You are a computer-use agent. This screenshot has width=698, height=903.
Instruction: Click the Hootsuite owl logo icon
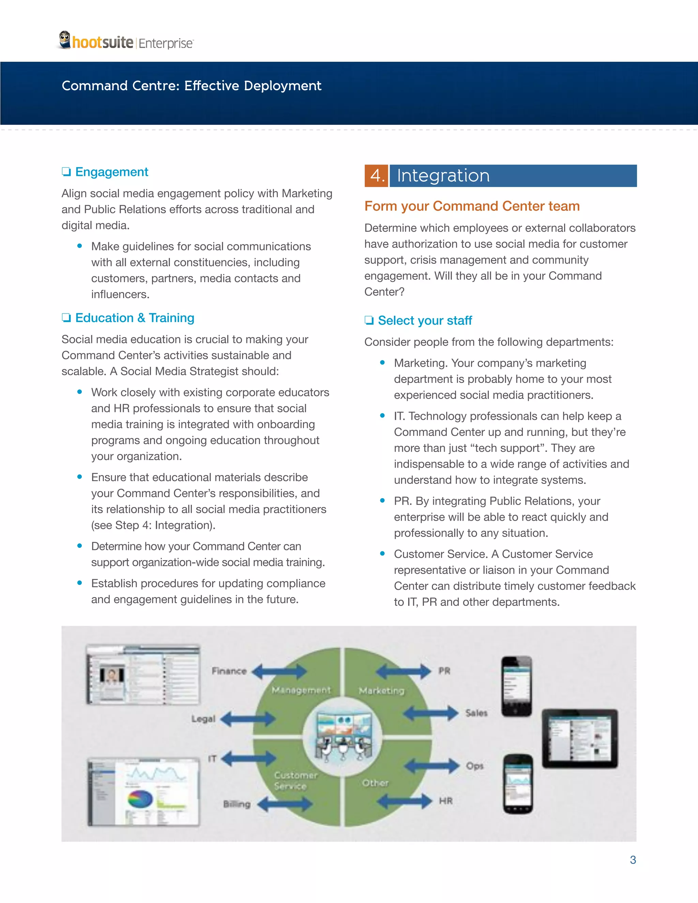(64, 40)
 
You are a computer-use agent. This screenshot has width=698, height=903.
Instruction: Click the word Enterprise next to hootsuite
(165, 43)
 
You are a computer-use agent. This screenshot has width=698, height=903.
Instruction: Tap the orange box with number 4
(376, 176)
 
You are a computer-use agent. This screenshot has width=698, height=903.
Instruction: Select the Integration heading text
(443, 176)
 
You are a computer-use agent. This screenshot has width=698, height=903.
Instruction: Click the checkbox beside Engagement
(66, 172)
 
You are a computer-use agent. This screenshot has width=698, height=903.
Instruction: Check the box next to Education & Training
(66, 318)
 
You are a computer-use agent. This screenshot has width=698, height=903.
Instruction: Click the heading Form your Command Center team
(472, 206)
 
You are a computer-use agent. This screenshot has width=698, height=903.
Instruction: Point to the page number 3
(633, 860)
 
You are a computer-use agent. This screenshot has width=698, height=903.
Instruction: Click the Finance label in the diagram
(229, 671)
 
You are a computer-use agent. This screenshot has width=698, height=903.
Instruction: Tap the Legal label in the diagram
(203, 719)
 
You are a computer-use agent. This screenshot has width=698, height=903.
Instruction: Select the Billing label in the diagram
(237, 804)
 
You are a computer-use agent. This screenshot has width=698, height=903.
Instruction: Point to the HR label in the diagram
(446, 801)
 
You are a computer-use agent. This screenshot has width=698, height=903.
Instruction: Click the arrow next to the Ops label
(432, 766)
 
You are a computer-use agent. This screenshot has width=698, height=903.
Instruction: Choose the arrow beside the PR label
(404, 671)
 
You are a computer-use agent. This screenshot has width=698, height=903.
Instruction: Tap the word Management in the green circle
(301, 690)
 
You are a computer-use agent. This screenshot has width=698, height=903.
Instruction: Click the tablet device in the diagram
(580, 738)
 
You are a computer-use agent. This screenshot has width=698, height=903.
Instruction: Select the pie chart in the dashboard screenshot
(140, 799)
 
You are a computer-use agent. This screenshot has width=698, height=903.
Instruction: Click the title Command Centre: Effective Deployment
(192, 86)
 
